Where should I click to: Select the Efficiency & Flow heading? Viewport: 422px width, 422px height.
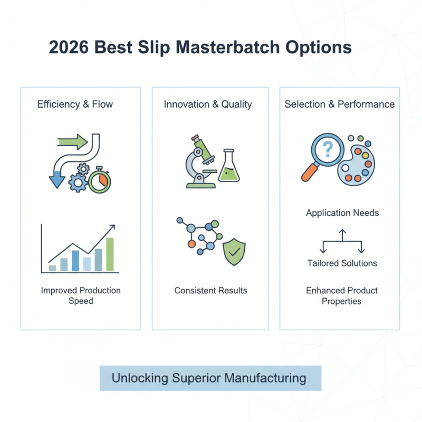[x=75, y=104]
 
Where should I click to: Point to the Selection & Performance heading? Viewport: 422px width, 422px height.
[x=339, y=104]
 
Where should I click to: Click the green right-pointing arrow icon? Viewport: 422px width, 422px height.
[x=73, y=141]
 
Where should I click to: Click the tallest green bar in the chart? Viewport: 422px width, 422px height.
[x=110, y=254]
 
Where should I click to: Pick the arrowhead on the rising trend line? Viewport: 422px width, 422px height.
[x=112, y=227]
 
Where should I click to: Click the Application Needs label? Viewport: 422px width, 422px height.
[x=342, y=213]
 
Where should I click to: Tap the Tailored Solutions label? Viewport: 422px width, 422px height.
[x=342, y=263]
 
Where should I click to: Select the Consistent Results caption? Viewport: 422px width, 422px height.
[x=210, y=291]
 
